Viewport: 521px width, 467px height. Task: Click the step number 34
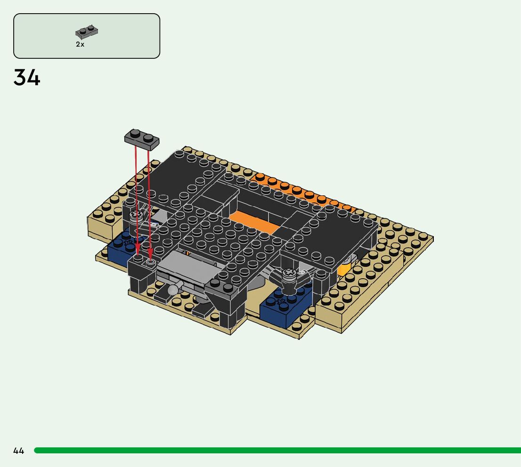[26, 77]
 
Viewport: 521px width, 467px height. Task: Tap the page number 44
[19, 451]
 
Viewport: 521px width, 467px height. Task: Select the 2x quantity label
[80, 44]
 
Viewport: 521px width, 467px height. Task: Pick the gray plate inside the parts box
[87, 32]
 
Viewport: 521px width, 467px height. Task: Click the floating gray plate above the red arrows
[142, 139]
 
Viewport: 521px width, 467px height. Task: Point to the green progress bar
[277, 451]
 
